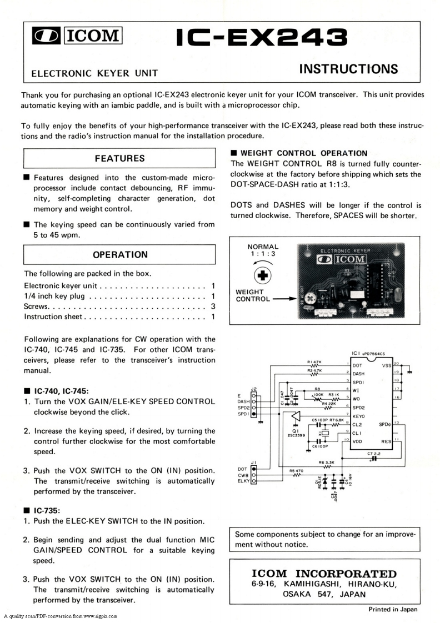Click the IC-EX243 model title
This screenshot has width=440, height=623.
point(262,37)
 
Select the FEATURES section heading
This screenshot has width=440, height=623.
point(119,158)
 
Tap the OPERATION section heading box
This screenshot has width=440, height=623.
point(119,255)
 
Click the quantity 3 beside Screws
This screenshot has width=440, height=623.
point(213,307)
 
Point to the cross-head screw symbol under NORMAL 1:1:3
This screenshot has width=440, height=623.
point(262,275)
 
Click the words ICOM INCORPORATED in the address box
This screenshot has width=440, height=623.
point(324,574)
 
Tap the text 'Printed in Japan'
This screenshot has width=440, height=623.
point(393,609)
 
